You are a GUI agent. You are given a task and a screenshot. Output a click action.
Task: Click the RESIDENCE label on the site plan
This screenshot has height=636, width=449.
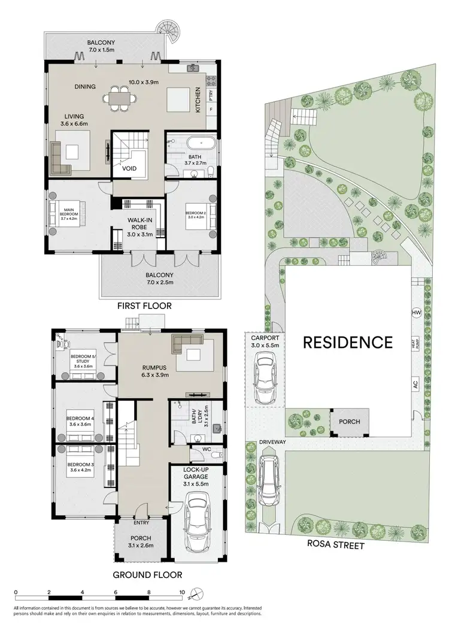[348, 343]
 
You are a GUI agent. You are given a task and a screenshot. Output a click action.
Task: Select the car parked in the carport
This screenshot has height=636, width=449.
[265, 378]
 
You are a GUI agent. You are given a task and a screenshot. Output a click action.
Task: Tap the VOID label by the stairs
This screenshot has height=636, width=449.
[129, 168]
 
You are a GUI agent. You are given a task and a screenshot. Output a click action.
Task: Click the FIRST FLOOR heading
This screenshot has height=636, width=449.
[144, 306]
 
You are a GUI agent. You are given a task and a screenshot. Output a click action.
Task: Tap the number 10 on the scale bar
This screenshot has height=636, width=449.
[181, 593]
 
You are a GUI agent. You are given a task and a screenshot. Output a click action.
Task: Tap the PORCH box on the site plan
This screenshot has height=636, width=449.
[349, 422]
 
